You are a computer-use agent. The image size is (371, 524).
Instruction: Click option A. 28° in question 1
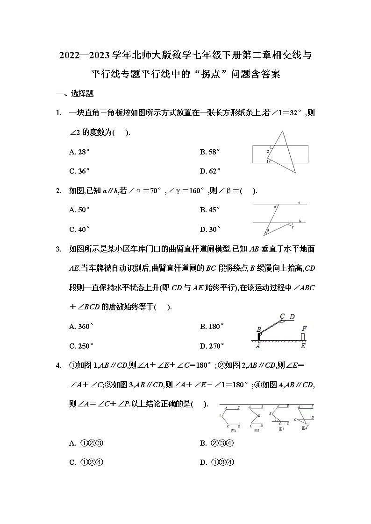(79, 152)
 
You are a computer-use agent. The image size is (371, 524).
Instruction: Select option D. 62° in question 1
(210, 171)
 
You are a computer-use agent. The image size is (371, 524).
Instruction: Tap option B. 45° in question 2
(210, 210)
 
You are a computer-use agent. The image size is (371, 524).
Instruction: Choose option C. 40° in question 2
(79, 230)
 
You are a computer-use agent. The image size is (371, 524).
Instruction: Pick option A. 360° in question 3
(81, 327)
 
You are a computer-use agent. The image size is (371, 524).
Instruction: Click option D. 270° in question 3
(212, 346)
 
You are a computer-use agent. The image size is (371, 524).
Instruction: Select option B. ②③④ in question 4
(216, 443)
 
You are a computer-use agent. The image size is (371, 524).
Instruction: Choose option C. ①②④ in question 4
(86, 463)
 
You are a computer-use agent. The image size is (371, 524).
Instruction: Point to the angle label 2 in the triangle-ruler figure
(268, 151)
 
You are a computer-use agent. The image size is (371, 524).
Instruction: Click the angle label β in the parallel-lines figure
(268, 230)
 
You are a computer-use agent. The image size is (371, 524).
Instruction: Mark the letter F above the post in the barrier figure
(304, 328)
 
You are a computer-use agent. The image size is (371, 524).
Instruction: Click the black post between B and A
(259, 337)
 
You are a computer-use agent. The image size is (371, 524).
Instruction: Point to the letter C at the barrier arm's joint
(282, 316)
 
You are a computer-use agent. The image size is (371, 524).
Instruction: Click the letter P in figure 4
(308, 425)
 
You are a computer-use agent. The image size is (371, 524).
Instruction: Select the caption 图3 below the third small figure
(281, 429)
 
